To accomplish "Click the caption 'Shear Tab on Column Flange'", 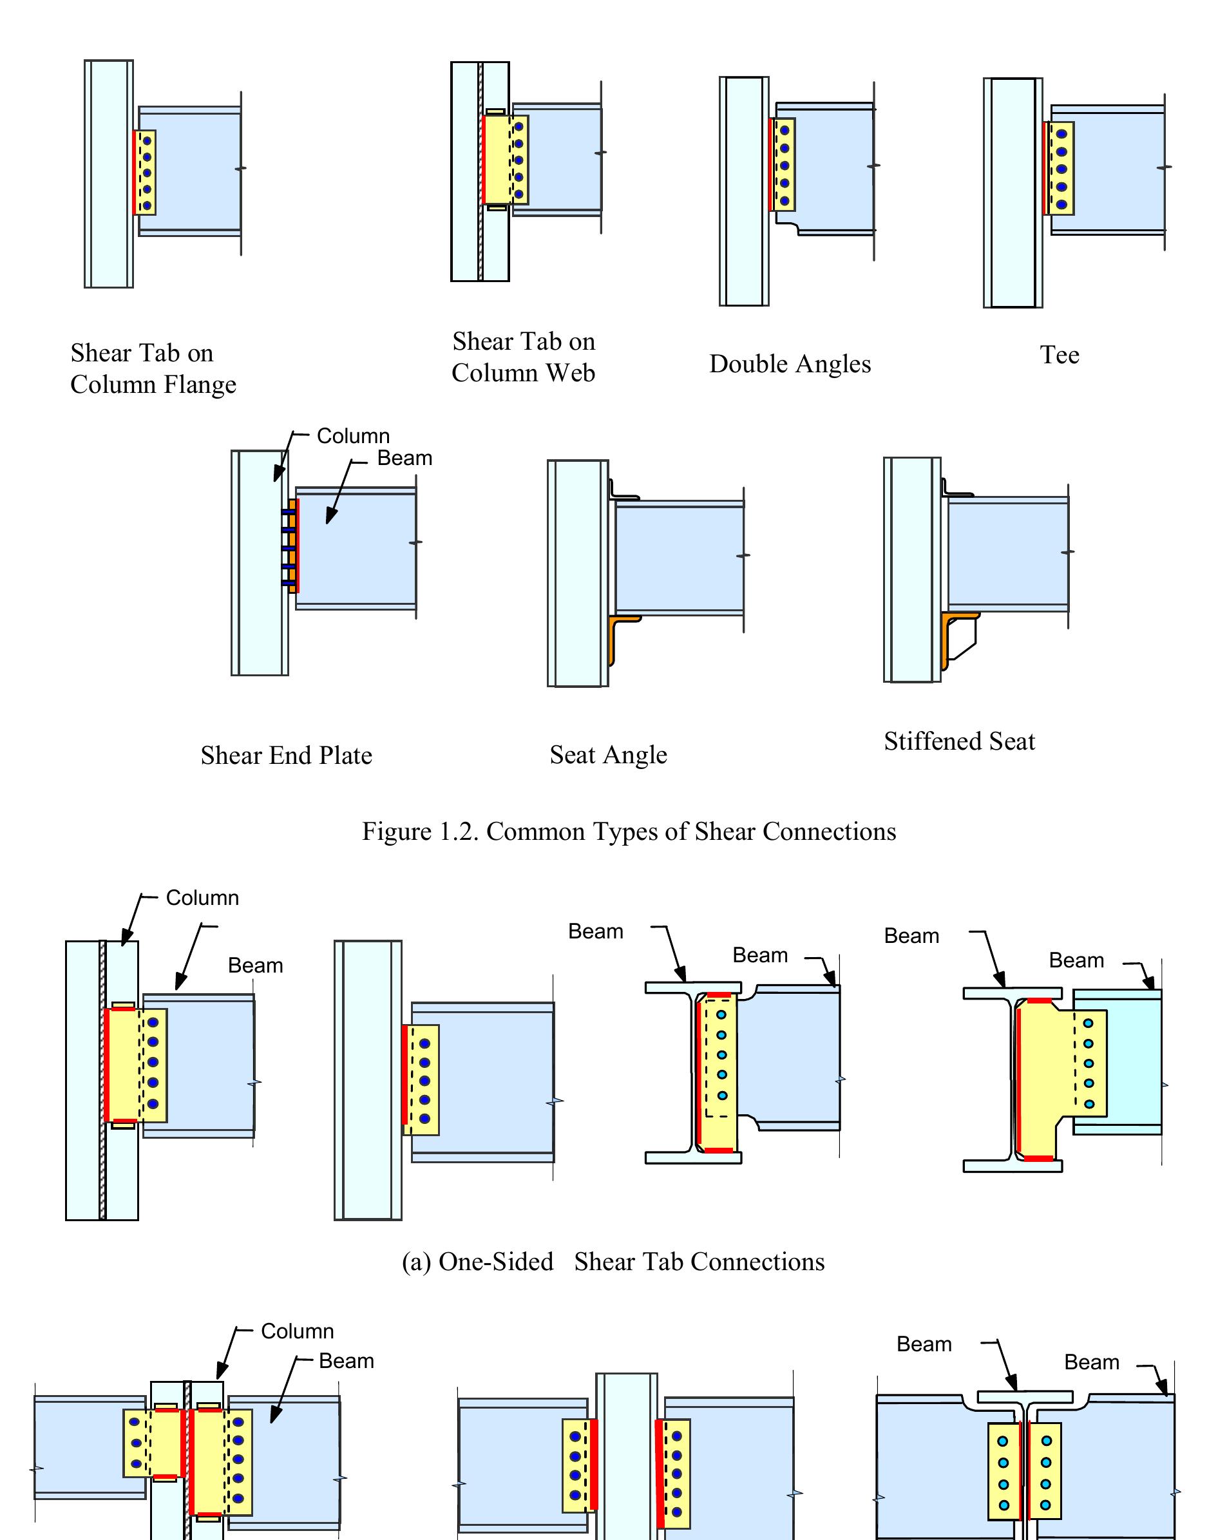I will (153, 368).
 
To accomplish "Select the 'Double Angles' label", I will (790, 365).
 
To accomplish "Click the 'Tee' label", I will (1059, 355).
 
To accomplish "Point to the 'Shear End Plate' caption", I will (286, 755).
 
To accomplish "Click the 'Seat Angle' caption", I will (608, 754).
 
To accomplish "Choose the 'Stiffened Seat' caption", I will (959, 741).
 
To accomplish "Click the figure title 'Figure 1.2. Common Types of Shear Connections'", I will (628, 832).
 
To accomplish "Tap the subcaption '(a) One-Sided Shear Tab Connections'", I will (613, 1261).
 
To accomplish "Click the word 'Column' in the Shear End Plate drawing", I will (353, 435).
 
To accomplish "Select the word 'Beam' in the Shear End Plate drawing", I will (404, 458).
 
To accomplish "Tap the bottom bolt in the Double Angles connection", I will (785, 201).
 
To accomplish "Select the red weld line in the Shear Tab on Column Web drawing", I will (484, 160).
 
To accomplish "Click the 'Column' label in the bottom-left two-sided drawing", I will (297, 1331).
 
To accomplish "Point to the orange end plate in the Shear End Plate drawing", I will (293, 546).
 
